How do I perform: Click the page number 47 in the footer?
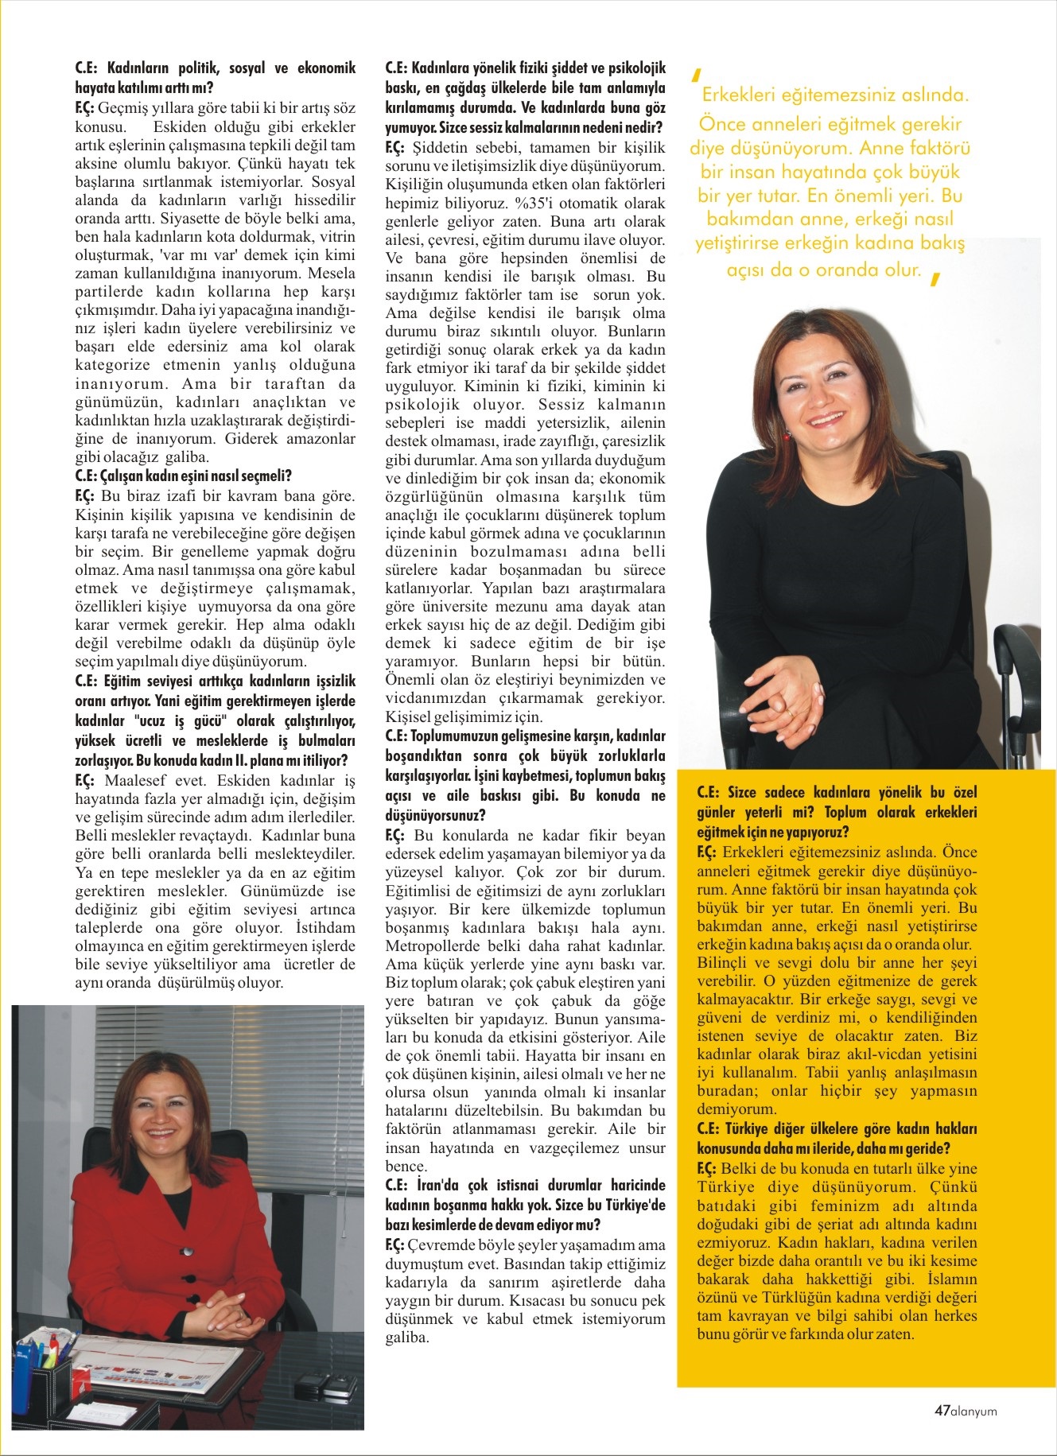942,1411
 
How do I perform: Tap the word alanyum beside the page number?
974,1411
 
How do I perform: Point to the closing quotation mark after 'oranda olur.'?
935,278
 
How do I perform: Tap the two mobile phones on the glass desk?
325,1384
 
